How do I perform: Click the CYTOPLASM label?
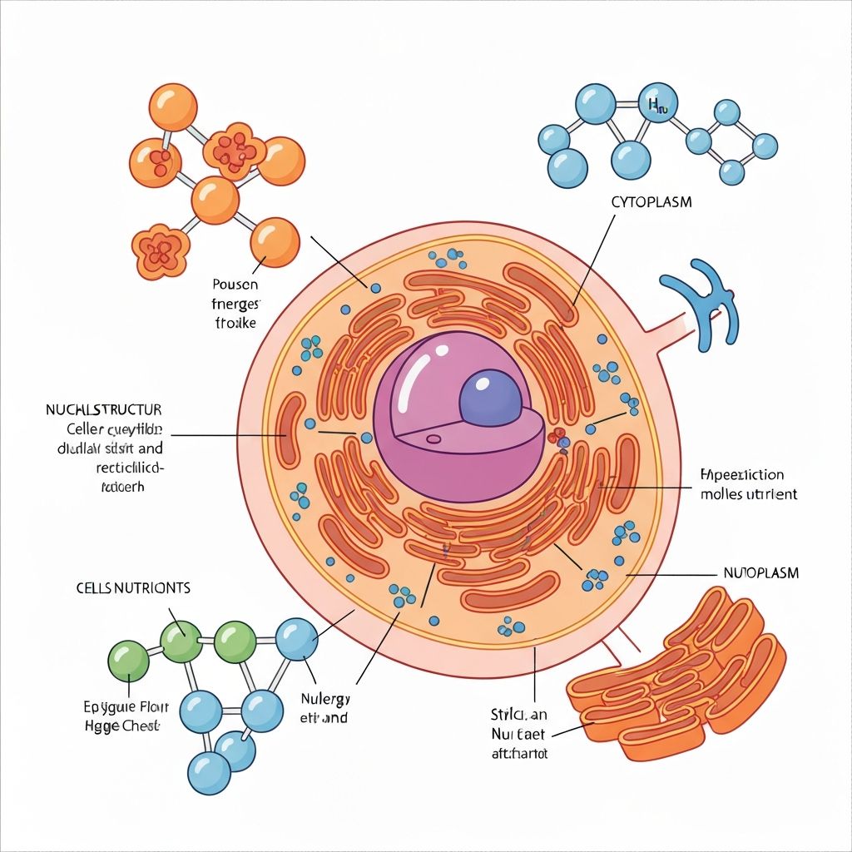point(651,202)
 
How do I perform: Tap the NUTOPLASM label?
point(758,573)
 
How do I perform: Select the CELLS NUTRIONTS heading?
point(133,587)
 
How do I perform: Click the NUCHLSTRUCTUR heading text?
point(104,410)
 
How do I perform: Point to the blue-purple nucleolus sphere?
point(490,398)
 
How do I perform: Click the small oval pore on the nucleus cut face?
point(433,438)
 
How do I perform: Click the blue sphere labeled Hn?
point(656,103)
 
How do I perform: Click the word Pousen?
point(235,285)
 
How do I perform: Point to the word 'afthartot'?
point(513,754)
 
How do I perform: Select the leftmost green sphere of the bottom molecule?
point(129,661)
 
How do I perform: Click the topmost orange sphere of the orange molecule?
point(172,107)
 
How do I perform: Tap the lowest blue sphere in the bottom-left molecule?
point(208,772)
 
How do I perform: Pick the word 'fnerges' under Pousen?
point(235,303)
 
